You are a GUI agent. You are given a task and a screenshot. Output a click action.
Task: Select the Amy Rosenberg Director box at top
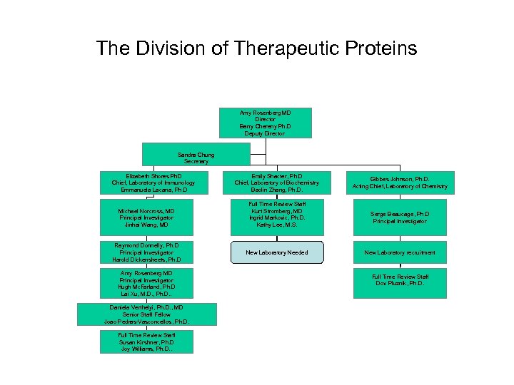(x=265, y=123)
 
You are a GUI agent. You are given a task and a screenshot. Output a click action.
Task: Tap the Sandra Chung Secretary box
(x=196, y=158)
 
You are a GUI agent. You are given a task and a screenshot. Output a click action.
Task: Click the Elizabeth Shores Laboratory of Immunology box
(x=154, y=183)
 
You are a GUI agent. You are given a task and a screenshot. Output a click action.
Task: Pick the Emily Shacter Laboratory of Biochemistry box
(x=277, y=183)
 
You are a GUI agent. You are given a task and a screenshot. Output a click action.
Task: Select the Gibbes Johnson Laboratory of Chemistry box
(x=400, y=183)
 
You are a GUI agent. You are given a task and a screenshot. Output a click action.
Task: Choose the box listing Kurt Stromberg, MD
(x=277, y=217)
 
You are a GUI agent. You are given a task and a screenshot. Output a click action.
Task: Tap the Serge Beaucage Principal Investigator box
(x=400, y=217)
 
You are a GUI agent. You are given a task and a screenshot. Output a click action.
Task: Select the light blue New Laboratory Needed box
(x=277, y=252)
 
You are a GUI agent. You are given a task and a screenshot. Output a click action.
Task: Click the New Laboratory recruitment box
(x=400, y=252)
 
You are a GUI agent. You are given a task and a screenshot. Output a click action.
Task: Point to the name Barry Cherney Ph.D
(x=265, y=126)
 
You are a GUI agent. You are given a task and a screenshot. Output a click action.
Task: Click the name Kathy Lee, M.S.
(x=277, y=225)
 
